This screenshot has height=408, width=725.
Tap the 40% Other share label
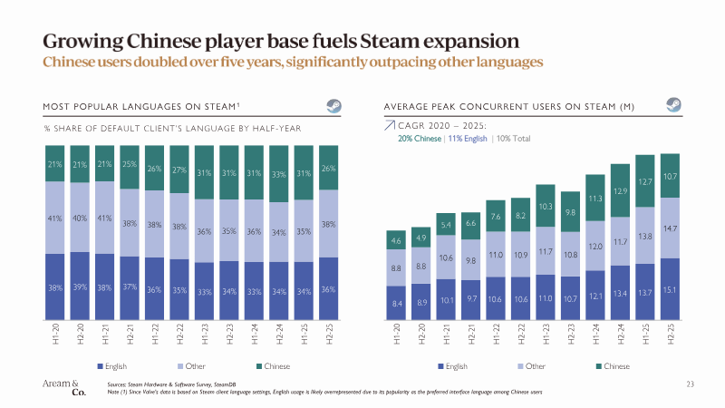(x=81, y=218)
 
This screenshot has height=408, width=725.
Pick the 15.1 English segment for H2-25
(x=670, y=290)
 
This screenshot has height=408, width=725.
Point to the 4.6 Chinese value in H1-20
(x=397, y=242)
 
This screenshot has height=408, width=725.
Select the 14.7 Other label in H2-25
(x=670, y=230)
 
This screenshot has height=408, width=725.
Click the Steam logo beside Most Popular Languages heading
(x=333, y=105)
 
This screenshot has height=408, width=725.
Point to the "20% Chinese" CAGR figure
(x=421, y=139)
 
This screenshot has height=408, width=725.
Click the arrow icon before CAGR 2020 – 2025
(x=390, y=126)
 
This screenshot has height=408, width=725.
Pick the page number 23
(x=690, y=385)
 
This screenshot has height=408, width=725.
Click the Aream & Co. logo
(x=63, y=388)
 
